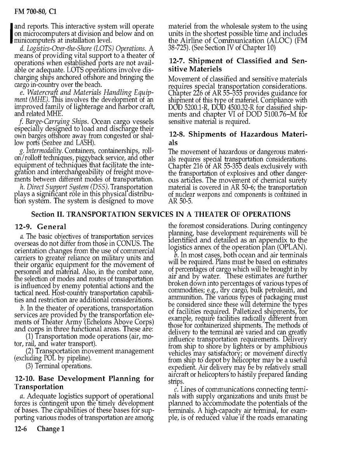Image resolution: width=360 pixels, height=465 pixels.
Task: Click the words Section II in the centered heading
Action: coord(49,214)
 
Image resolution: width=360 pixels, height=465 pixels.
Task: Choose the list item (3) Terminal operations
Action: coord(58,366)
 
